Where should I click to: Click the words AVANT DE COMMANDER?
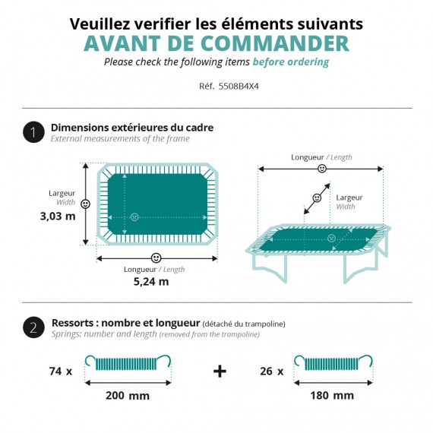pyautogui.click(x=216, y=43)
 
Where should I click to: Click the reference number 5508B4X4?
pyautogui.click(x=228, y=87)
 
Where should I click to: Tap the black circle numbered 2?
pyautogui.click(x=33, y=328)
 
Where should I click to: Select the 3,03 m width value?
pyautogui.click(x=58, y=216)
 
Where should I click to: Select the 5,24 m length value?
pyautogui.click(x=153, y=281)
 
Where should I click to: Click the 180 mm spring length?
pyautogui.click(x=332, y=396)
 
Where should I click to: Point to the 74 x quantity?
pyautogui.click(x=60, y=371)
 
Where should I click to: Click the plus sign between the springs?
pyautogui.click(x=220, y=371)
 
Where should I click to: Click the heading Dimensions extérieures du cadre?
pyautogui.click(x=131, y=127)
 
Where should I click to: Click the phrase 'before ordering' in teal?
pyautogui.click(x=291, y=62)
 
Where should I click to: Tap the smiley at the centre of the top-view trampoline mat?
pyautogui.click(x=134, y=216)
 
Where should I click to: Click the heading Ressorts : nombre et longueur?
pyautogui.click(x=125, y=323)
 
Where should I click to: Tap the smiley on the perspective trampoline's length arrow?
pyautogui.click(x=322, y=169)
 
